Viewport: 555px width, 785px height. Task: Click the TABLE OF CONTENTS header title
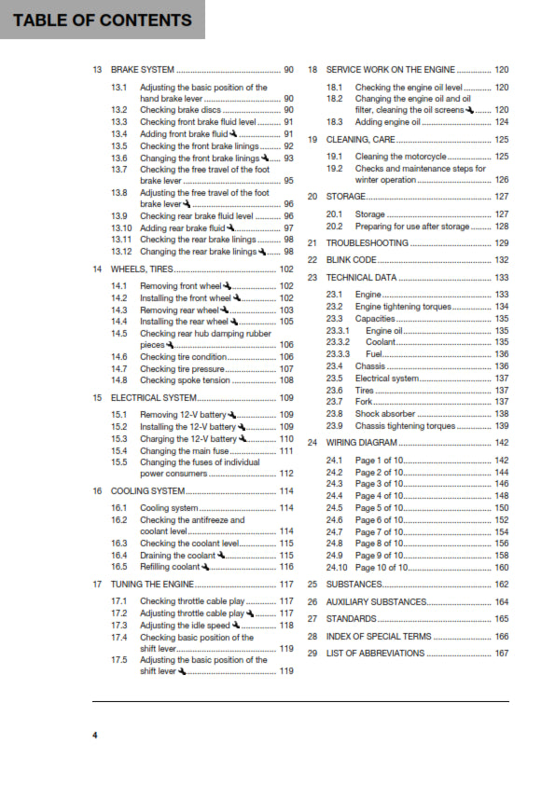(x=102, y=20)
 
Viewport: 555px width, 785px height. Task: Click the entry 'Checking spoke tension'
(x=185, y=380)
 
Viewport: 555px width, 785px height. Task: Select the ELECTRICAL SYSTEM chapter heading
(x=154, y=397)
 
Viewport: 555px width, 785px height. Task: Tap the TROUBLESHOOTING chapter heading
(x=367, y=242)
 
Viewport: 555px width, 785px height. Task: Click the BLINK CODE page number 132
(x=501, y=260)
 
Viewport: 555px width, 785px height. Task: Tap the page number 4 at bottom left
(x=94, y=736)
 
